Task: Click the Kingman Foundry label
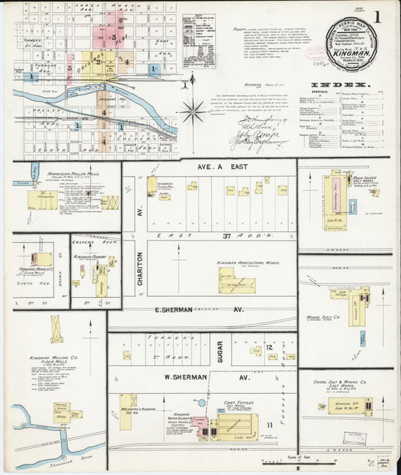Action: pyautogui.click(x=88, y=257)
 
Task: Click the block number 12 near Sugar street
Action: pyautogui.click(x=269, y=348)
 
